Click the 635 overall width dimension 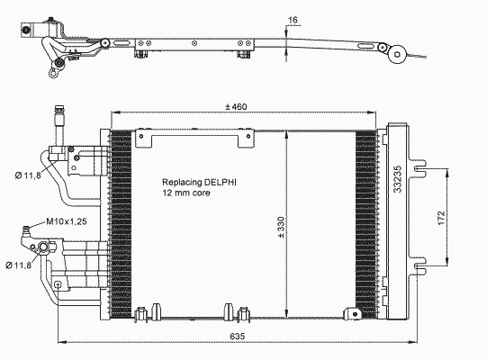pos(238,336)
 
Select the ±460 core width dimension pos(236,107)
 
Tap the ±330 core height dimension pos(281,228)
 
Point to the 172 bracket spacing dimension pos(441,218)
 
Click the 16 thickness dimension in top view pos(293,20)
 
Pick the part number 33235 pos(398,179)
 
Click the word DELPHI pos(221,182)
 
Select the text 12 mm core pos(186,193)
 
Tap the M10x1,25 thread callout pos(67,221)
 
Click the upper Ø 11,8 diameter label pos(28,175)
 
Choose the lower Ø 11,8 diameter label pos(19,265)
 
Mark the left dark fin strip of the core pos(122,224)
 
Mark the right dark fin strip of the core pos(366,224)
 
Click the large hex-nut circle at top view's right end pos(398,55)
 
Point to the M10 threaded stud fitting pos(27,231)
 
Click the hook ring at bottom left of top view pos(53,73)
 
